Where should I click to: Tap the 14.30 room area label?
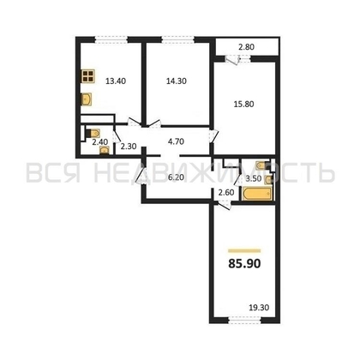click(176, 83)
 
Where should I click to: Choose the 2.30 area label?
click(129, 147)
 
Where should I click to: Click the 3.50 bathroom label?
click(254, 179)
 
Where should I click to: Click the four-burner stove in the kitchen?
click(88, 79)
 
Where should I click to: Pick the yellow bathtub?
click(255, 198)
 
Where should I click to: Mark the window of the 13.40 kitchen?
click(105, 35)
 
